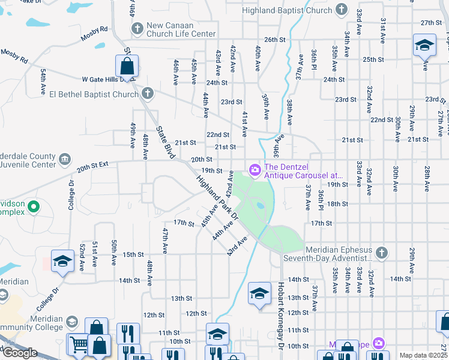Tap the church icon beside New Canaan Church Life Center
[x=137, y=28]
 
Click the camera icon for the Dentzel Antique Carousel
[x=255, y=171]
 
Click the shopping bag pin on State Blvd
[x=127, y=66]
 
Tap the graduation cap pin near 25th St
[x=424, y=46]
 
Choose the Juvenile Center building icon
[x=64, y=159]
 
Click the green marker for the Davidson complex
[x=33, y=208]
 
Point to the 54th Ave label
[x=43, y=82]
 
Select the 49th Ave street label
[x=133, y=135]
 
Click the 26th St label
[x=273, y=40]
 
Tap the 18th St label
[x=338, y=204]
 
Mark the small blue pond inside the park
[x=259, y=205]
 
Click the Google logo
[x=20, y=353]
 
